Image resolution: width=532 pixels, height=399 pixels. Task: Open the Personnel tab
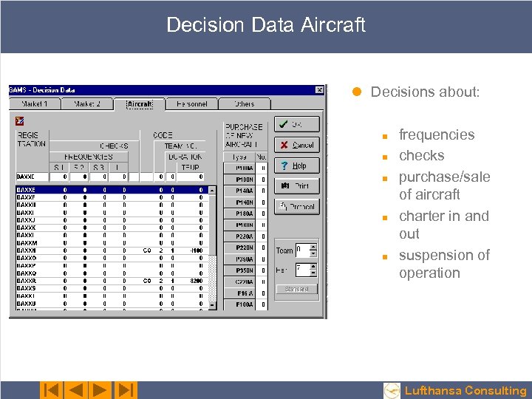click(191, 104)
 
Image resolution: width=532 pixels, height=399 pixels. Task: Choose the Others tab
click(244, 104)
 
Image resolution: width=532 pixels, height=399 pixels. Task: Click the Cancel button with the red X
click(296, 145)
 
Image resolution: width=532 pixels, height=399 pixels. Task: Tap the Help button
click(296, 166)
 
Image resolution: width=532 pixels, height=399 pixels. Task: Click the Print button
click(296, 186)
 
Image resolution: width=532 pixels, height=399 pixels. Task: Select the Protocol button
click(296, 207)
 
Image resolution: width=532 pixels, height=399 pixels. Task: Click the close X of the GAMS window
click(319, 90)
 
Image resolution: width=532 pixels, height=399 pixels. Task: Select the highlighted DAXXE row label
click(27, 190)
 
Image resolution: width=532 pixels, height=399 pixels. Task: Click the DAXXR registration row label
click(27, 281)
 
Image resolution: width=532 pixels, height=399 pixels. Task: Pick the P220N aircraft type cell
click(244, 248)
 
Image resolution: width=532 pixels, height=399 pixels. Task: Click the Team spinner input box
click(301, 250)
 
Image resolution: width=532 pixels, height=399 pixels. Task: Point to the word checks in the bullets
click(421, 156)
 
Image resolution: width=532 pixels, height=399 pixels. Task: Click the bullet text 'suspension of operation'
click(443, 264)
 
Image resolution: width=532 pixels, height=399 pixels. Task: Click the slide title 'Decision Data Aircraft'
click(266, 25)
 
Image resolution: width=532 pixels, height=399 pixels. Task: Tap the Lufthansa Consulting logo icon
click(392, 390)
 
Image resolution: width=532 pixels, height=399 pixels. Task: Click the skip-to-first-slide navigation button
click(51, 390)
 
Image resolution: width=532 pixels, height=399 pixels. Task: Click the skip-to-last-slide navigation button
click(126, 390)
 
